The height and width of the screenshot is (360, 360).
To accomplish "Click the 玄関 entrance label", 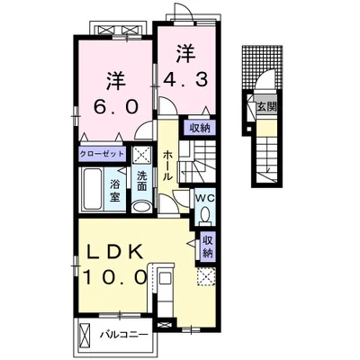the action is [x=266, y=107].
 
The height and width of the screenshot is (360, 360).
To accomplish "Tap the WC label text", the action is [x=205, y=198].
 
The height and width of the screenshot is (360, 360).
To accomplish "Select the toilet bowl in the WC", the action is [x=205, y=214].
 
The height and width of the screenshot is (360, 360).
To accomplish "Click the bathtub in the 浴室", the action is [x=92, y=189].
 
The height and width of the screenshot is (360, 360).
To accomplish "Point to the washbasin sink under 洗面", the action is [x=142, y=207].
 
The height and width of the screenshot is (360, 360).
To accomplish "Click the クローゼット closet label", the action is [x=102, y=154].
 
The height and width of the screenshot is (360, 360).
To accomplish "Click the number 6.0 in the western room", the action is [x=116, y=106].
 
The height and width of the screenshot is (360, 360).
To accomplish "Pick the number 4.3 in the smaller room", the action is [x=185, y=79].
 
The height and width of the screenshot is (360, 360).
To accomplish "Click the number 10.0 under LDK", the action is [x=115, y=276].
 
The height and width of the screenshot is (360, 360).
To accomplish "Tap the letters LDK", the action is [x=114, y=253].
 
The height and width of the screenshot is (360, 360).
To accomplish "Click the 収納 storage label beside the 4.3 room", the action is [x=200, y=129].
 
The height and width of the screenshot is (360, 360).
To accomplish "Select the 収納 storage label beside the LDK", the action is [x=207, y=247].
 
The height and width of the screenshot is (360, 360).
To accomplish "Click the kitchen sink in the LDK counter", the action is [x=164, y=279].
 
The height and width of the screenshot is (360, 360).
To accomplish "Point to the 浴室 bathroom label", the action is [x=114, y=190].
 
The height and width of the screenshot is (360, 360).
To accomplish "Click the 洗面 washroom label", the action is [x=142, y=181].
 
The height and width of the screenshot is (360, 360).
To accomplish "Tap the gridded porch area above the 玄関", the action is [x=263, y=67].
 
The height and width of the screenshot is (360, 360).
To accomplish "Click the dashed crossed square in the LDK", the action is [x=206, y=277].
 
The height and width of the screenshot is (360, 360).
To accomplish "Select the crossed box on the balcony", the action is [x=84, y=335].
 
